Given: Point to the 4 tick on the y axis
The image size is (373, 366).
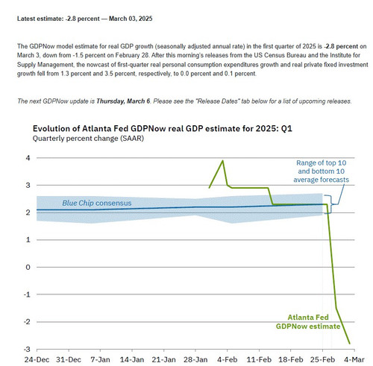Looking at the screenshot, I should (28, 158).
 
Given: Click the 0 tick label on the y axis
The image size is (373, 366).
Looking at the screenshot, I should (28, 267).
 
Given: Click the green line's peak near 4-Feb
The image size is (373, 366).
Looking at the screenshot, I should (222, 160).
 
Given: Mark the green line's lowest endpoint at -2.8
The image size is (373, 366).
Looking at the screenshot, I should (351, 343).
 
